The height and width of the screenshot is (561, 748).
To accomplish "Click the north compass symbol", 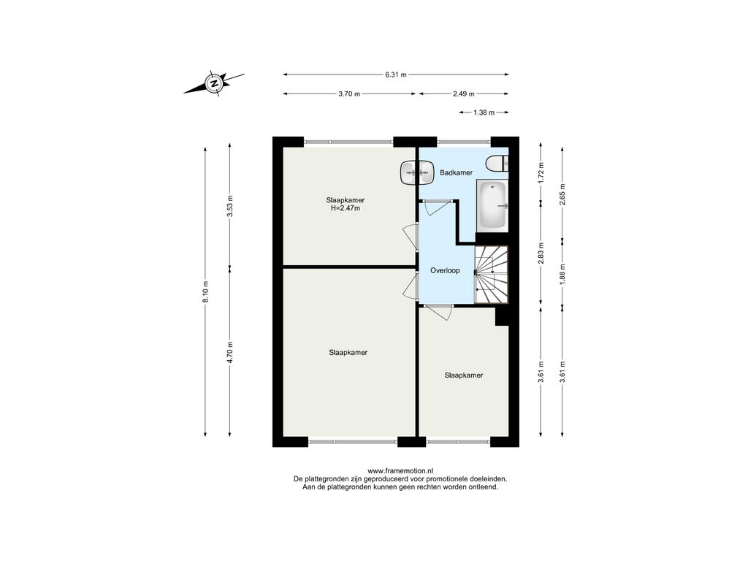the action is tap(214, 83).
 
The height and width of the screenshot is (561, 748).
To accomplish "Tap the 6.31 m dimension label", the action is tap(396, 75).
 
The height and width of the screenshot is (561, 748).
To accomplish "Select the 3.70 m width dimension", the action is tap(349, 94).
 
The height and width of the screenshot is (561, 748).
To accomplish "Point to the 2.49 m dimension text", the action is tap(464, 94).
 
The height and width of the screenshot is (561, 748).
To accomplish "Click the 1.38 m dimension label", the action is tap(484, 112).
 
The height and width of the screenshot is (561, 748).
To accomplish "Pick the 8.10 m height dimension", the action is tap(205, 291).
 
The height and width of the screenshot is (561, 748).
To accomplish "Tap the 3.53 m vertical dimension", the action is tap(230, 206).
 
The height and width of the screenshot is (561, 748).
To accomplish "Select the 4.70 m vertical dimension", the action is tap(230, 353).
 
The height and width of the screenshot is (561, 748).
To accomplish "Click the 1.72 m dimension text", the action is tap(541, 173).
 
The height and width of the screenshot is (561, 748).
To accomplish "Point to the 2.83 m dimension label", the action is tap(541, 254).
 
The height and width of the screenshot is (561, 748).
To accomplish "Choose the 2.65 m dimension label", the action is tap(562, 194).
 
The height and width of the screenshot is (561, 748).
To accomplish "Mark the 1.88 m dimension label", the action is tap(562, 273).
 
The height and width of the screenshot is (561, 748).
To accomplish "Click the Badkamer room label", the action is tap(456, 172).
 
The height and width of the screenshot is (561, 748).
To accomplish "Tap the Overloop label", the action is tap(445, 270).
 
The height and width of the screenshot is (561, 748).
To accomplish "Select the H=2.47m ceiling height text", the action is tap(346, 208).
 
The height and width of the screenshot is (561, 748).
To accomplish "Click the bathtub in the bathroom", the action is tap(493, 205).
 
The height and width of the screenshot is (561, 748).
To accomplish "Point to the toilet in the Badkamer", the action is tap(497, 164).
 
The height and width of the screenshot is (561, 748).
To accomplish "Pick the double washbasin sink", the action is tap(416, 172).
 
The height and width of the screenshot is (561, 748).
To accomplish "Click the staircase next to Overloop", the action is tap(492, 275).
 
